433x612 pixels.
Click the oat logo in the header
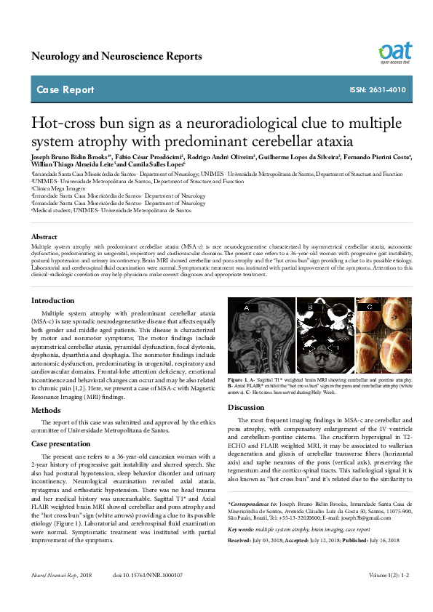coord(394,52)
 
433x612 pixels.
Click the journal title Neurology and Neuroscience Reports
coord(116,56)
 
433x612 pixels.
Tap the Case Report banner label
coord(65,90)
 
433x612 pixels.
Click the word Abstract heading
coord(44,237)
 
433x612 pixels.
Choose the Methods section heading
coord(46,410)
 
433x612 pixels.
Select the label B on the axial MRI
coord(309,307)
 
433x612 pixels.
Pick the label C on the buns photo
coord(369,307)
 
